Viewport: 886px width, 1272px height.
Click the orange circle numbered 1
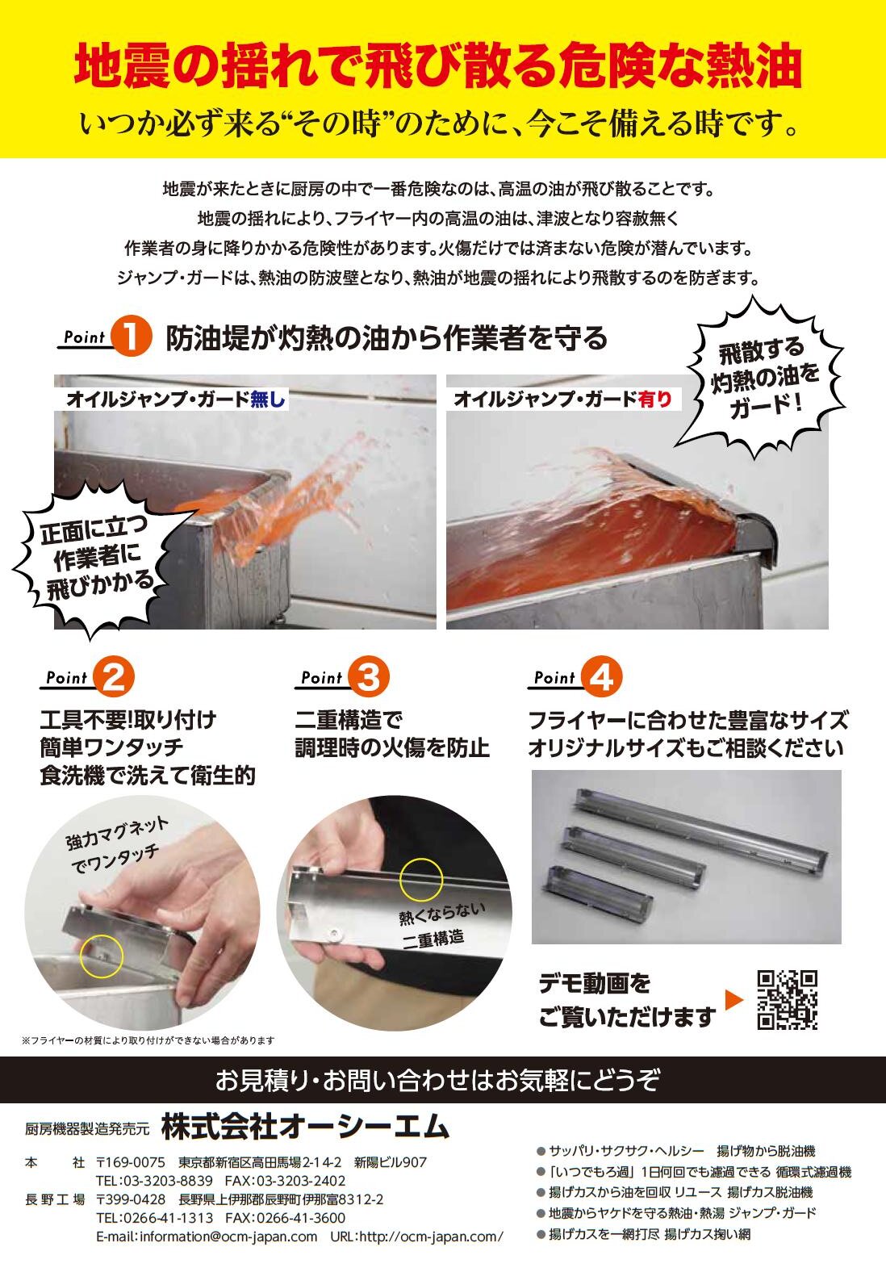tap(131, 337)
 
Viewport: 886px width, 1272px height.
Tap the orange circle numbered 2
tap(114, 677)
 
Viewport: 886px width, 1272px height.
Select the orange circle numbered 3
tap(369, 677)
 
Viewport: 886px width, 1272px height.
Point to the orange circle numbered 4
tap(601, 677)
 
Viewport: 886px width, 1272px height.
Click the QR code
tap(788, 1000)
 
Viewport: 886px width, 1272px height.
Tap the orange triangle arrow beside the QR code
tap(733, 1000)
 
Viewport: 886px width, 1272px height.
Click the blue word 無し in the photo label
tap(267, 400)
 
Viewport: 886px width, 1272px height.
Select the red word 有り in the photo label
tap(654, 400)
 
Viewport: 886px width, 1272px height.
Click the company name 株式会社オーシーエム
tap(305, 1128)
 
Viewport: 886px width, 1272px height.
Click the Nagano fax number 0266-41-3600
tap(302, 1218)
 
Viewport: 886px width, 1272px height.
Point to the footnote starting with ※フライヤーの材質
tap(148, 1040)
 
